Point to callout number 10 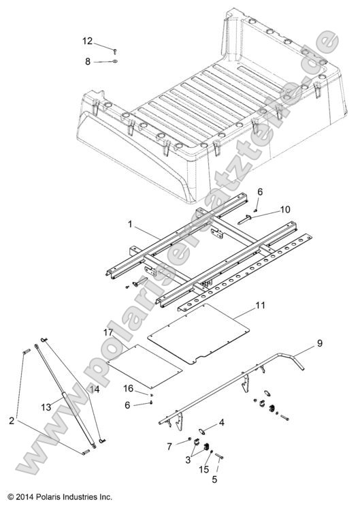pos(265,208)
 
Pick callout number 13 pos(46,406)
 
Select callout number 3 pos(188,460)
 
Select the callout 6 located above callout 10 pos(259,193)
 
